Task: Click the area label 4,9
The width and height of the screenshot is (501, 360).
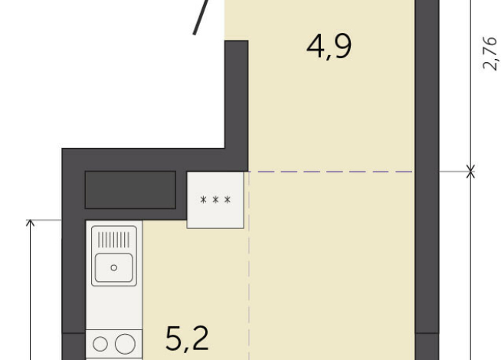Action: [329, 47]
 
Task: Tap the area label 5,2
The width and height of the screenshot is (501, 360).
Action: [188, 337]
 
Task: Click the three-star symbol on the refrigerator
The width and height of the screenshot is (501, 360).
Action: [215, 201]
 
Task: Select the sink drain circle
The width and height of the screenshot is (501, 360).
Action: [114, 267]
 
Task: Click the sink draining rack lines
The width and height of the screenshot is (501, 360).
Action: [114, 239]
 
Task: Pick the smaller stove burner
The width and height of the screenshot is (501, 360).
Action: [102, 344]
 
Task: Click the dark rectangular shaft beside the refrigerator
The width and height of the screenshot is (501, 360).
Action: [130, 189]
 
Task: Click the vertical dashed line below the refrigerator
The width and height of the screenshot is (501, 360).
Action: [248, 291]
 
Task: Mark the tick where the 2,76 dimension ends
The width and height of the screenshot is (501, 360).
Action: [470, 172]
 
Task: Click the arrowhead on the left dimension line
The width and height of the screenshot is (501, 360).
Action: [31, 224]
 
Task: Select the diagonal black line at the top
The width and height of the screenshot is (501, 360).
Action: [201, 17]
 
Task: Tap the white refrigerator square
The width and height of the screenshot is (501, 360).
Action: [215, 199]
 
